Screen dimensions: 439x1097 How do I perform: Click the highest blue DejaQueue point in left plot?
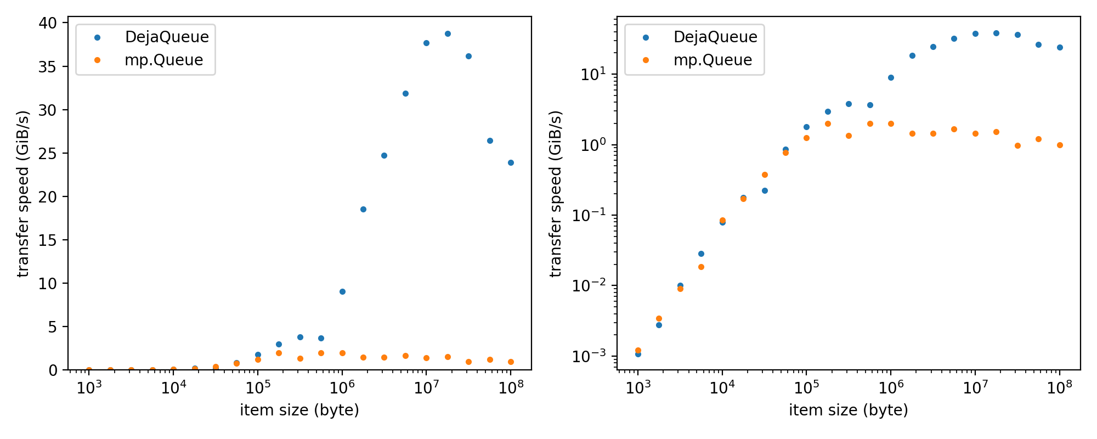click(x=448, y=33)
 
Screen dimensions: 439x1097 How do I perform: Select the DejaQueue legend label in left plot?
click(x=167, y=37)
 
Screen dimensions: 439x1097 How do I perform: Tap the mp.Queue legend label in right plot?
click(x=713, y=60)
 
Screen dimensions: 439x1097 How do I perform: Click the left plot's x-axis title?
click(x=299, y=410)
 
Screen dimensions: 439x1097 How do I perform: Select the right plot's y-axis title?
click(x=556, y=194)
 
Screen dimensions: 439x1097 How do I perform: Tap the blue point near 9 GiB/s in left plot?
click(x=342, y=291)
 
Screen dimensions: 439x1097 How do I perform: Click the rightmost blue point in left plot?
click(x=511, y=162)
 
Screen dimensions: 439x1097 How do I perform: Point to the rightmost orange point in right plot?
click(x=1060, y=145)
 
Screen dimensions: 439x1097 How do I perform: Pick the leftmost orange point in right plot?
click(x=638, y=350)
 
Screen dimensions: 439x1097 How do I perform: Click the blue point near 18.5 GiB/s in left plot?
click(x=363, y=209)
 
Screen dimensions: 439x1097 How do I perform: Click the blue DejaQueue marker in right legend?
click(x=646, y=37)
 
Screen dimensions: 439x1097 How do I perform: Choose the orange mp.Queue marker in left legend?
click(x=97, y=60)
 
